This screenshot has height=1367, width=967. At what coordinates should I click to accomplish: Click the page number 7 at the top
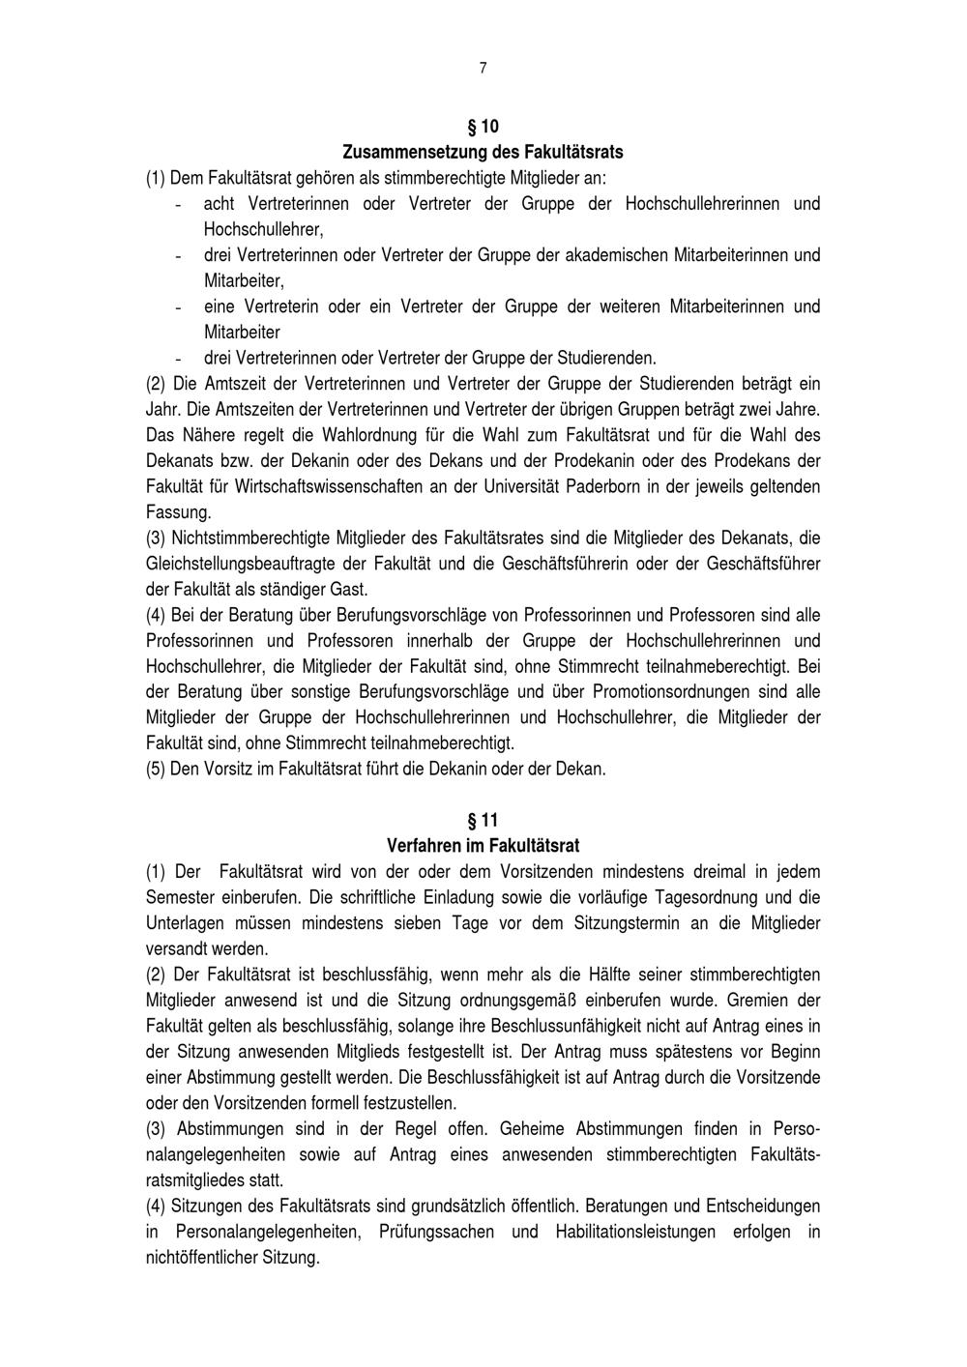(483, 68)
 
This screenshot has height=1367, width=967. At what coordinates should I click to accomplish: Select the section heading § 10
(483, 127)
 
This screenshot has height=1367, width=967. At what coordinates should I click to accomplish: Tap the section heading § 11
(483, 821)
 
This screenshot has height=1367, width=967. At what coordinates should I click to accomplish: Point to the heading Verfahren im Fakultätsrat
(483, 846)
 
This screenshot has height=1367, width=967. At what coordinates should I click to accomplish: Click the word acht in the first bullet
(219, 204)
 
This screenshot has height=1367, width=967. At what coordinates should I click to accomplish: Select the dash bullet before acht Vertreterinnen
(178, 204)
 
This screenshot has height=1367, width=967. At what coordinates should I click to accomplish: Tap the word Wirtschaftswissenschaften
(312, 486)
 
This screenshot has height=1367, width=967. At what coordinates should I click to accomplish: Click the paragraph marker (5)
(156, 770)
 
